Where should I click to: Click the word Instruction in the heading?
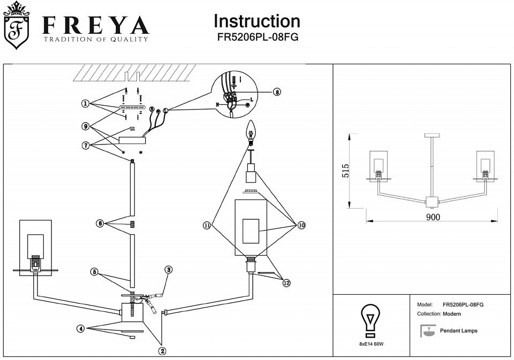257,21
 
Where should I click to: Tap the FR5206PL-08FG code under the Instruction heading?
257,37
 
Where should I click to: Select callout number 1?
85,103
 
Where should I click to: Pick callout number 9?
85,126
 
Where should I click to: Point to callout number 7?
85,144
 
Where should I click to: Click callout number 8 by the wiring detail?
276,91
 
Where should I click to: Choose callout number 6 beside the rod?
100,224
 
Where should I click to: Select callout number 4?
80,329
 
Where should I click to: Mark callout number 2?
162,351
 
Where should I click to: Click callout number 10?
301,226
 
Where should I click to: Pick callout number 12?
286,283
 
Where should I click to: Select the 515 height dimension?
345,171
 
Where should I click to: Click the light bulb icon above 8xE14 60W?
370,319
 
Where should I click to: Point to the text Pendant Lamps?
458,331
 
